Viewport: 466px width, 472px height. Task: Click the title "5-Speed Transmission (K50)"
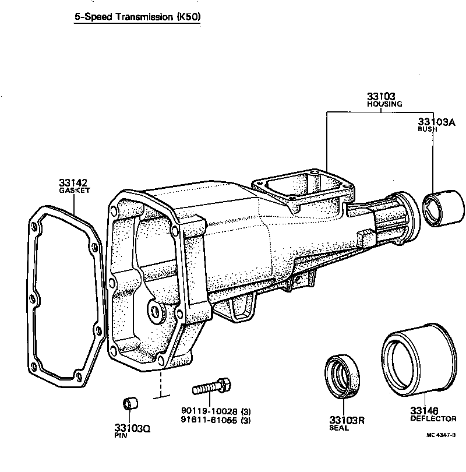coord(137,17)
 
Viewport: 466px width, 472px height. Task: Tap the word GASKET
coord(75,191)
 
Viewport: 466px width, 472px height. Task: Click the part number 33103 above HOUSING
coord(381,96)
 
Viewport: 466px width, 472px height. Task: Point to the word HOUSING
coord(384,104)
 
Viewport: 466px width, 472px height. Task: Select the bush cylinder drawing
coord(444,207)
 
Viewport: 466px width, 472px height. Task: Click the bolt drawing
coord(211,386)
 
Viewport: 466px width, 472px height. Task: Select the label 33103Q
coord(133,428)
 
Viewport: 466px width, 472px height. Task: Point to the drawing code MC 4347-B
coord(440,435)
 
